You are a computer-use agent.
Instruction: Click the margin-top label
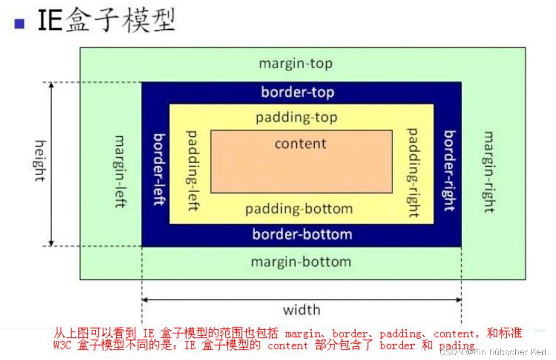[x=295, y=64]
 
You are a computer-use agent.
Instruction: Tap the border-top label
[x=297, y=92]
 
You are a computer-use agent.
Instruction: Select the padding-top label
[x=297, y=117]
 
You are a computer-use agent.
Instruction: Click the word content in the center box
[x=300, y=143]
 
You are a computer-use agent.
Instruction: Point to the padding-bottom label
[x=299, y=209]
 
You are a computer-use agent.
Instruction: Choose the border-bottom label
[x=302, y=234]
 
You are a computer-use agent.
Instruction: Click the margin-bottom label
[x=301, y=262]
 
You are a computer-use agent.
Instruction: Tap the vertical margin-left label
[x=120, y=171]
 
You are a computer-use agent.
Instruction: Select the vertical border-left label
[x=159, y=169]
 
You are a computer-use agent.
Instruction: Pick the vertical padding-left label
[x=192, y=170]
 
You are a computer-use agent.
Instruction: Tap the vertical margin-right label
[x=489, y=171]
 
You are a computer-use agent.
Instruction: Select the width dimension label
[x=302, y=310]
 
